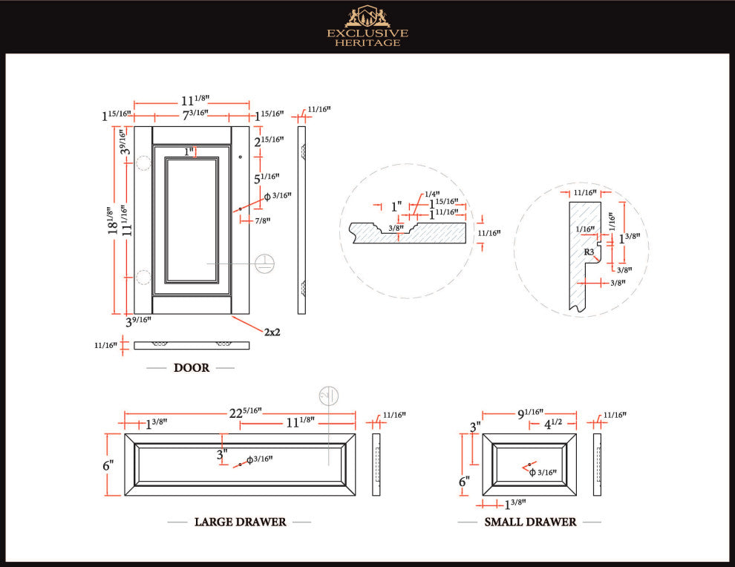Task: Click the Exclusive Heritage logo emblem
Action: point(367,16)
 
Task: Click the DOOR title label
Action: point(191,367)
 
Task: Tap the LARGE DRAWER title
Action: point(240,522)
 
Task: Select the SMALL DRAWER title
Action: point(530,522)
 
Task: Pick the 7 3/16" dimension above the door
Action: point(195,115)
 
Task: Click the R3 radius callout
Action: point(588,252)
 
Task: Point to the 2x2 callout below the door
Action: point(272,332)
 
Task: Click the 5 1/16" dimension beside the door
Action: point(267,178)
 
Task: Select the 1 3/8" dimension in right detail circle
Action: point(630,239)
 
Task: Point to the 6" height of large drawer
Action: point(108,465)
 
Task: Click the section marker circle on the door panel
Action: point(265,263)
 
